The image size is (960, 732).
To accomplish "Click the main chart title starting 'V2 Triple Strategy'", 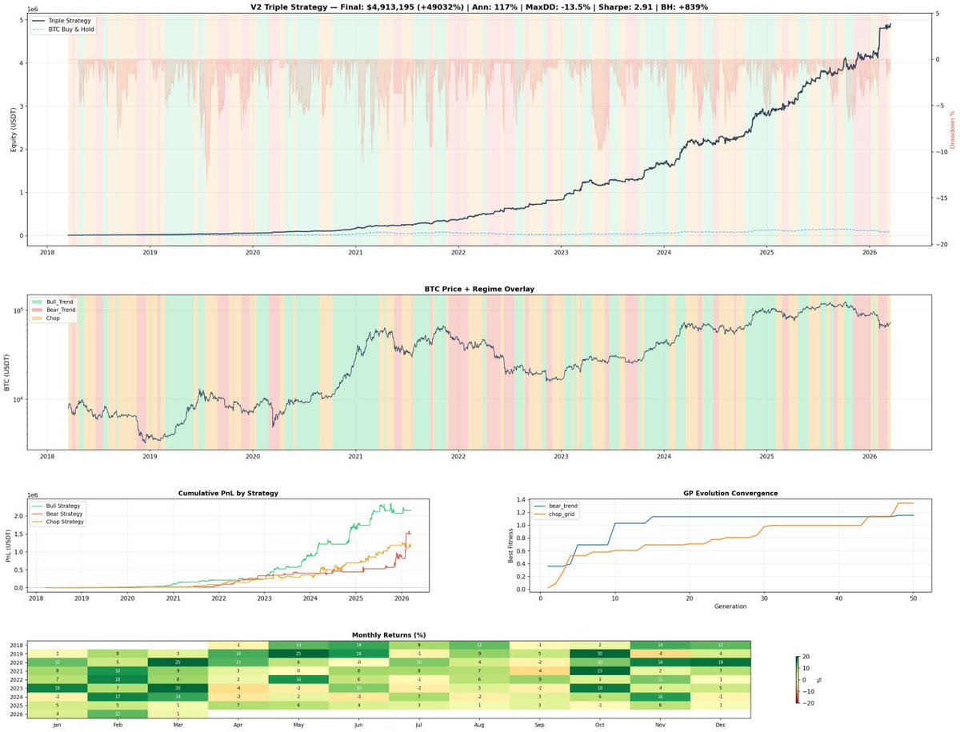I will pyautogui.click(x=479, y=6).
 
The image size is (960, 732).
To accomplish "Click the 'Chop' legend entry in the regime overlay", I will pyautogui.click(x=52, y=318).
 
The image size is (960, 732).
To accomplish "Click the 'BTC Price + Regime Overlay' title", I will pyautogui.click(x=479, y=289).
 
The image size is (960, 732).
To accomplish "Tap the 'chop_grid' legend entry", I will pyautogui.click(x=564, y=514).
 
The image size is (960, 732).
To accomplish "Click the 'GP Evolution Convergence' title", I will pyautogui.click(x=730, y=494).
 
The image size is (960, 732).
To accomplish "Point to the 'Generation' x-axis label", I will pyautogui.click(x=730, y=606).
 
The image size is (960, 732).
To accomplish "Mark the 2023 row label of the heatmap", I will pyautogui.click(x=17, y=689).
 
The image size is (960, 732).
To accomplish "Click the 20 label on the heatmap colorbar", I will pyautogui.click(x=808, y=657).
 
